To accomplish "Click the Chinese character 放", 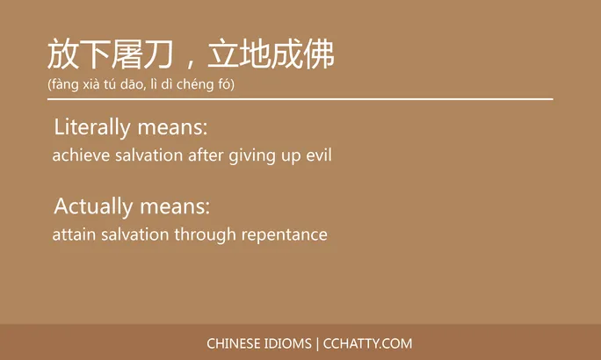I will (63, 55).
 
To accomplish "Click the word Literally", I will (92, 127).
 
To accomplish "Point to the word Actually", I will (92, 207).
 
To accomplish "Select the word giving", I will (252, 157).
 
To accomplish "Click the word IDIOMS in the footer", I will (287, 343).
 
